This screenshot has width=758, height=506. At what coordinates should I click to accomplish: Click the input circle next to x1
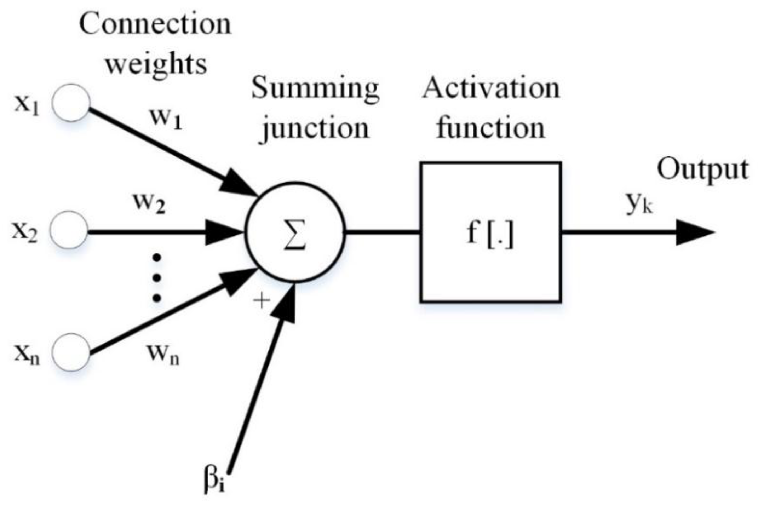(71, 103)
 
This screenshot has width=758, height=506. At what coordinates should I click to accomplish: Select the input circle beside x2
(69, 230)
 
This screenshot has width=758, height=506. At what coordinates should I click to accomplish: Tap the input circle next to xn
(71, 352)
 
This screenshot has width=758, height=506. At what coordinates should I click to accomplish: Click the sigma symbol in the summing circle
(294, 234)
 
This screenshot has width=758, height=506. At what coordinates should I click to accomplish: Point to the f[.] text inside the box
(490, 234)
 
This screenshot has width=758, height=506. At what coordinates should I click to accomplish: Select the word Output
(702, 170)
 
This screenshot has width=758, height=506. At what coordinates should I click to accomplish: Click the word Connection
(155, 24)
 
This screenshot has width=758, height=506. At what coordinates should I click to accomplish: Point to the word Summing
(315, 88)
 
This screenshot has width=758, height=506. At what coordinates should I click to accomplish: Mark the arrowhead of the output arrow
(694, 232)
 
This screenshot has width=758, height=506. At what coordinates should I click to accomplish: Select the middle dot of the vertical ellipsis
(157, 278)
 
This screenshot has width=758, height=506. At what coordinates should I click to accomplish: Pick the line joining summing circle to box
(382, 232)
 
